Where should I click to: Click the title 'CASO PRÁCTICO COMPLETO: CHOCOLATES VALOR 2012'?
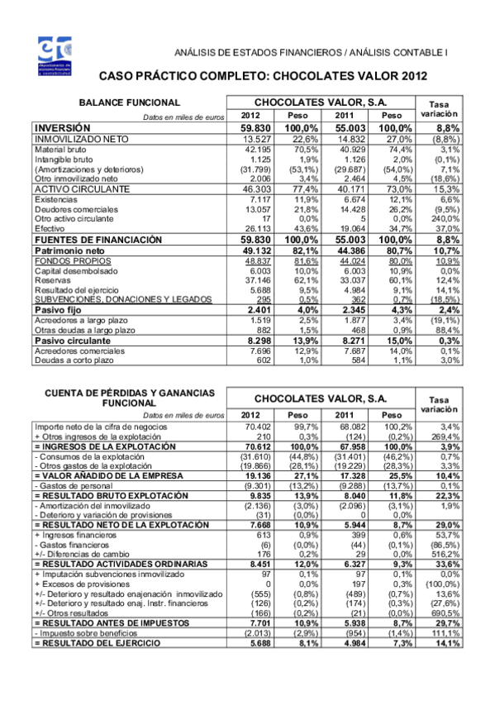[x=263, y=76]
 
